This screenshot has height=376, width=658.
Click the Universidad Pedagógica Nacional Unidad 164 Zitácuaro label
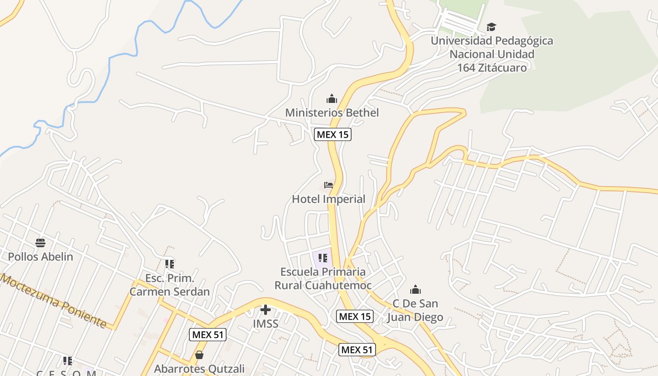click(x=492, y=54)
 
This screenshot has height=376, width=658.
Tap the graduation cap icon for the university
click(x=491, y=27)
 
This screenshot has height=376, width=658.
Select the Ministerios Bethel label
click(x=332, y=113)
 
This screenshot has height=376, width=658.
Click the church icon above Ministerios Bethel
click(x=332, y=99)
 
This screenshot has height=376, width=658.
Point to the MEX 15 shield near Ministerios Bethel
click(x=333, y=134)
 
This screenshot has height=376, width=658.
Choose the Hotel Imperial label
click(x=329, y=199)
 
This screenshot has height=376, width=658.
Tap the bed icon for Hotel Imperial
click(x=329, y=185)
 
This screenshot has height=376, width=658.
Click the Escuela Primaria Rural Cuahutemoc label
click(x=323, y=278)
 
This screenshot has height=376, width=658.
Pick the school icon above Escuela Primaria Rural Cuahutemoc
click(x=322, y=258)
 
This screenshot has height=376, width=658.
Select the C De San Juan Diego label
click(x=415, y=310)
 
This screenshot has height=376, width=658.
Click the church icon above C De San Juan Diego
click(x=415, y=289)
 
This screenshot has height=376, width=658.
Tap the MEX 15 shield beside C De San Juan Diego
click(x=355, y=316)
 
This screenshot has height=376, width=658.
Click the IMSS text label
click(x=266, y=324)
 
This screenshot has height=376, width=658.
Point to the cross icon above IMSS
click(x=266, y=310)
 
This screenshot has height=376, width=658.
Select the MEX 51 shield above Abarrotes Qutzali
click(x=208, y=335)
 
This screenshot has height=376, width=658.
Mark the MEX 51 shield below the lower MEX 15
click(x=357, y=350)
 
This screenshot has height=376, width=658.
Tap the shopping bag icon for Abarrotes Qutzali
click(x=199, y=355)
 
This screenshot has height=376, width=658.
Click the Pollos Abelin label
click(x=40, y=257)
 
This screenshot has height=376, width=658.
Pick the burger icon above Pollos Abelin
click(x=40, y=243)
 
